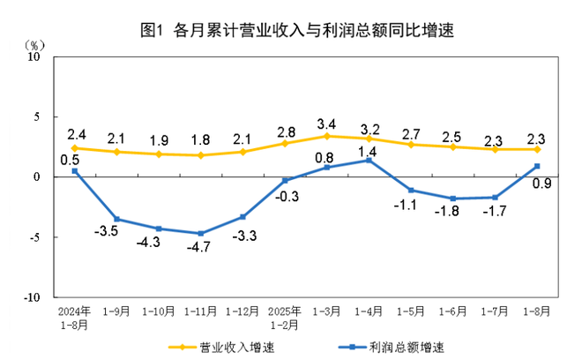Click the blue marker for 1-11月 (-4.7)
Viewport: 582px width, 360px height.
(201, 233)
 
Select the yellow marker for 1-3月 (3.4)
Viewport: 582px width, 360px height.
(327, 136)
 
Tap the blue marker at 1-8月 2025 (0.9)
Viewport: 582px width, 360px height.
(537, 166)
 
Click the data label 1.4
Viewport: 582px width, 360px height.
(369, 151)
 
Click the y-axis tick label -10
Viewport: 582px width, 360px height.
(33, 298)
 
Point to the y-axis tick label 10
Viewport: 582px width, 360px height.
(35, 56)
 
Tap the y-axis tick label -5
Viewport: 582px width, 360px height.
(36, 237)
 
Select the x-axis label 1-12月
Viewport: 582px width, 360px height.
(242, 311)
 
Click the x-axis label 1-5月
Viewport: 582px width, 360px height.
(410, 311)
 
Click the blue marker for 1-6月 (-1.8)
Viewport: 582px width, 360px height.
(452, 199)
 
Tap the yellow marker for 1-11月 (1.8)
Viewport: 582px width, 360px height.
(201, 155)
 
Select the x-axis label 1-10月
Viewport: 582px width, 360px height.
(159, 311)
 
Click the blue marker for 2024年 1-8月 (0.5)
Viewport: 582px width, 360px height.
(75, 171)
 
